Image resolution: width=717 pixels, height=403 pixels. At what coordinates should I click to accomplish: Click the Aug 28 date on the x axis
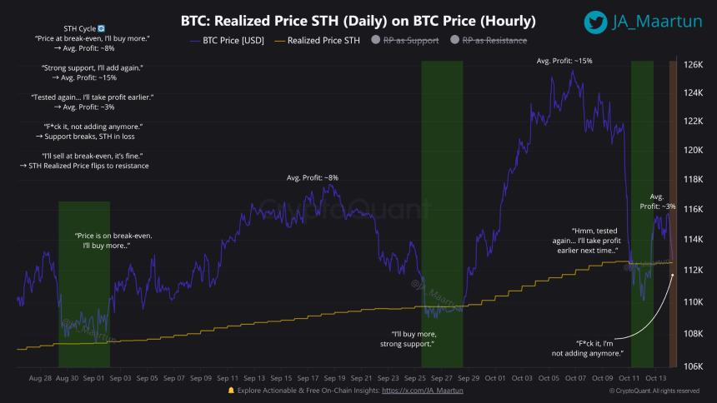pyautogui.click(x=41, y=377)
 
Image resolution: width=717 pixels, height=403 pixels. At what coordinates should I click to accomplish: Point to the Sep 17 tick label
pyautogui.click(x=308, y=377)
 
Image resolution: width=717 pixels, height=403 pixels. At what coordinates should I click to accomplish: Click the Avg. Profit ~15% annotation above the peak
pyautogui.click(x=564, y=61)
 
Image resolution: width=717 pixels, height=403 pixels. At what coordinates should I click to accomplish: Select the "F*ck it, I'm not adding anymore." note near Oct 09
pyautogui.click(x=599, y=348)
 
